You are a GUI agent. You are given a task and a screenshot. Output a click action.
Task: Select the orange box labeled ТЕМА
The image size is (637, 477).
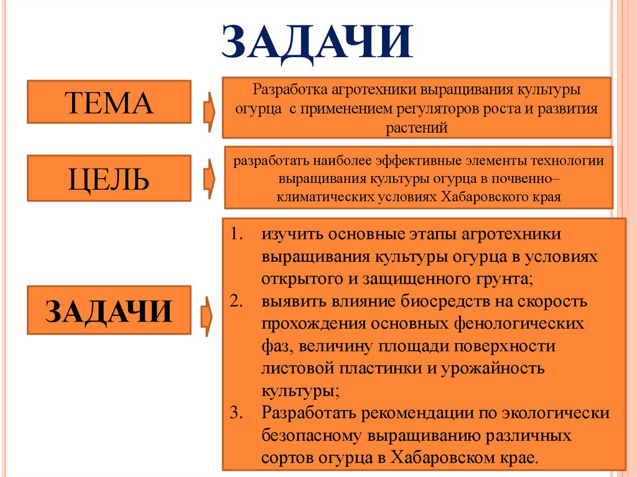point(109,101)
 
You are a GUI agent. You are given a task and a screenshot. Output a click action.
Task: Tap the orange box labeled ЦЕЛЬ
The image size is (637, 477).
point(109,179)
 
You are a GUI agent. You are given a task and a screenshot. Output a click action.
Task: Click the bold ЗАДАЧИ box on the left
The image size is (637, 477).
point(109,310)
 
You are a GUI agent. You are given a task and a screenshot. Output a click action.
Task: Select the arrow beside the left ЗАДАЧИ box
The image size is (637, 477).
point(207,315)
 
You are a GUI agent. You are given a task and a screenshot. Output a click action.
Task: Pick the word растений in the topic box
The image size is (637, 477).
point(417,129)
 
